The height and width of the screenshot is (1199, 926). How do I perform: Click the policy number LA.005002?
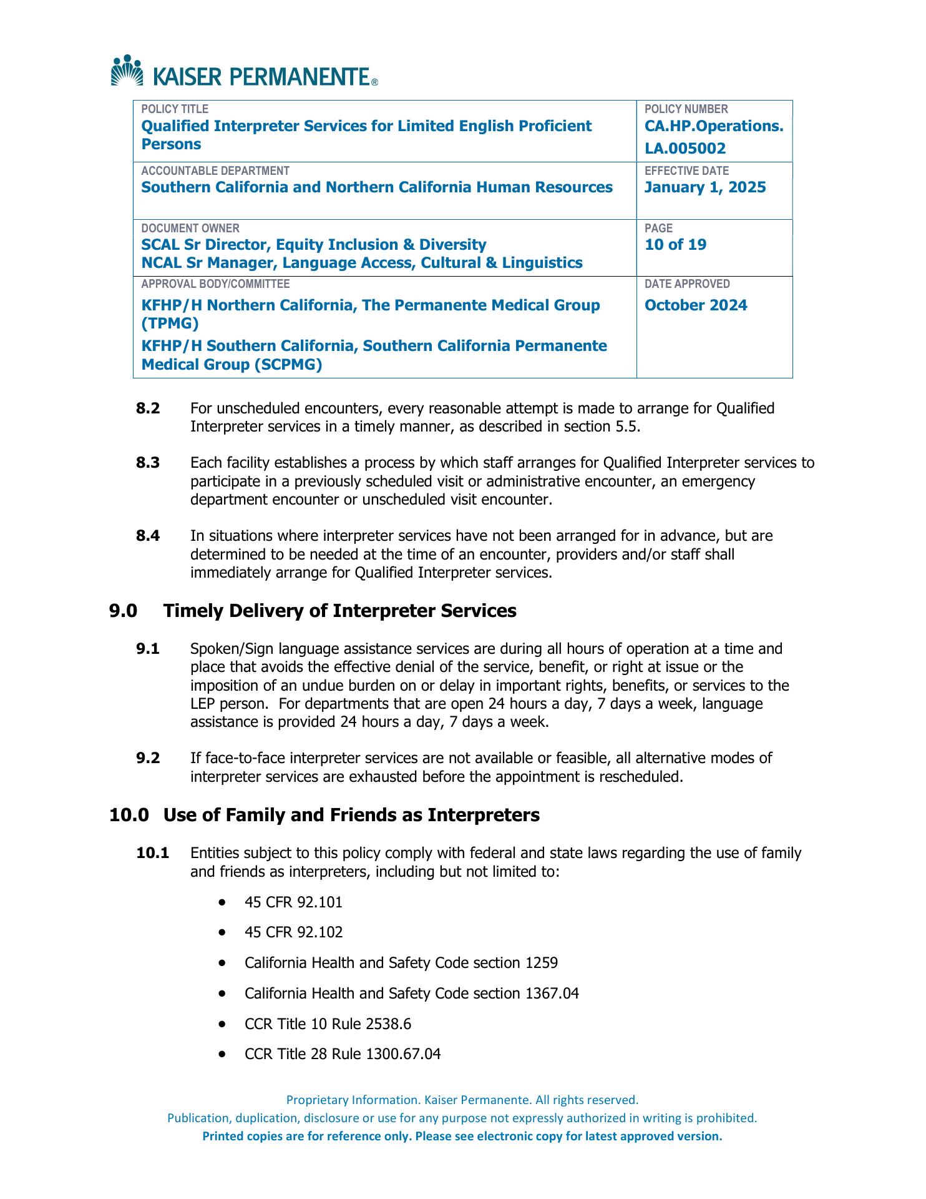point(685,149)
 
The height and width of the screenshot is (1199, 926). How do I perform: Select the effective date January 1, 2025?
point(705,188)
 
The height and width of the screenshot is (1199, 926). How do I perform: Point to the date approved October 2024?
point(695,305)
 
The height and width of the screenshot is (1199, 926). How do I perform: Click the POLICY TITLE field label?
point(175,109)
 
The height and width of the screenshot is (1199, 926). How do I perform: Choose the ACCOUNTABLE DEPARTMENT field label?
point(215,171)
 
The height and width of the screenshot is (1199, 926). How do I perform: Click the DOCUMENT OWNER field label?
point(190,229)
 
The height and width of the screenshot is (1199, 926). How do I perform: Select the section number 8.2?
point(148,409)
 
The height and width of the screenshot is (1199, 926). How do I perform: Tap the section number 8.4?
point(148,536)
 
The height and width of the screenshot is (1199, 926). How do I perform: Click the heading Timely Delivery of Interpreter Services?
point(339,611)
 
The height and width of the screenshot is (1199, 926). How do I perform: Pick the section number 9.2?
point(148,759)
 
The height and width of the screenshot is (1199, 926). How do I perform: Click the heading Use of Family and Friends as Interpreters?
point(351,816)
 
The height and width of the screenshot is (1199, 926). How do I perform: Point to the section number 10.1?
point(153,854)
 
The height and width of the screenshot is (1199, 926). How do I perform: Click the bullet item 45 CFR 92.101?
point(293,902)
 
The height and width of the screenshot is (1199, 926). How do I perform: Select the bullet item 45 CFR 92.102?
point(293,933)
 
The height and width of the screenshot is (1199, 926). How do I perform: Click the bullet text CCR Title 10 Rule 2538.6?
point(328,1024)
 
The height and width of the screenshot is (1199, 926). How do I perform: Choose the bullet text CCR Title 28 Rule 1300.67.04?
point(343,1055)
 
